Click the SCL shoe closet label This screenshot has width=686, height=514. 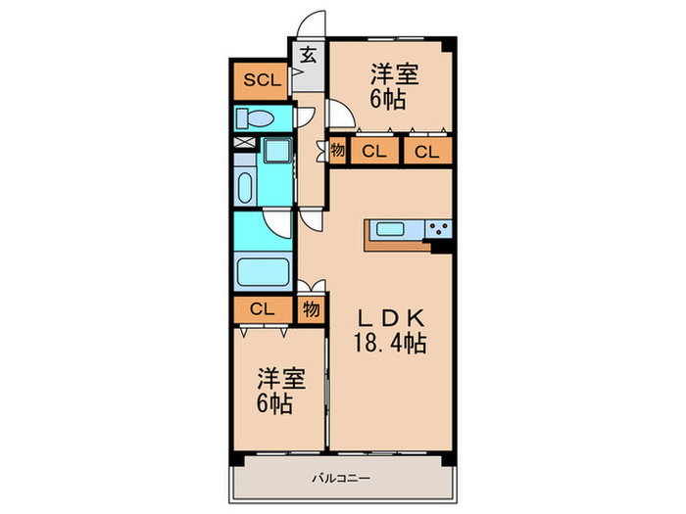261,80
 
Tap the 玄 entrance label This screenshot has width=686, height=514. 308,56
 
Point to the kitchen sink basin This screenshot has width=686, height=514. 394,230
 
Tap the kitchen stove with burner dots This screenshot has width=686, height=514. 438,230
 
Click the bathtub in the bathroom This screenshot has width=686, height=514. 263,268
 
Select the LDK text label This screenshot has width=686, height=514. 389,318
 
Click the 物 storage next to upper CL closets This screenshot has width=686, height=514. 336,151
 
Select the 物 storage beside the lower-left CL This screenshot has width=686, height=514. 310,309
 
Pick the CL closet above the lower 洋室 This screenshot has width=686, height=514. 262,309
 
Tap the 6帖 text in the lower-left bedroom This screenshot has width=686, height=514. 275,404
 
